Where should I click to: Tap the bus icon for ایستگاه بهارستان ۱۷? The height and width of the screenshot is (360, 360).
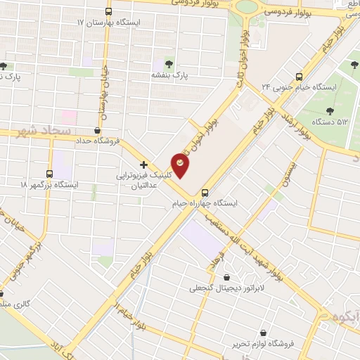click(x=108, y=12)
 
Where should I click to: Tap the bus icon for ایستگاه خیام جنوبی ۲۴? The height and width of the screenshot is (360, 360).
click(x=299, y=76)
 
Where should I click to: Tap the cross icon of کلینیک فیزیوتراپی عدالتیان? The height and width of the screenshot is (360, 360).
click(x=144, y=164)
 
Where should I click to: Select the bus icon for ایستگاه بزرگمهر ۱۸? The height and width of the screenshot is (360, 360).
click(x=49, y=174)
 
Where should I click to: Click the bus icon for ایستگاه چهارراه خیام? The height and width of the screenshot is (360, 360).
click(x=205, y=193)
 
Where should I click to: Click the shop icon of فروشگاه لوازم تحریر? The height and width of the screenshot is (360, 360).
click(x=263, y=333)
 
